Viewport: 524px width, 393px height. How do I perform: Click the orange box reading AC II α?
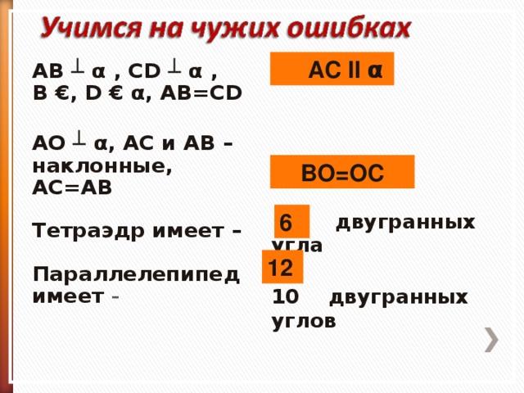(332, 69)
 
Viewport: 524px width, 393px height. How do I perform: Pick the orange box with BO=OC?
(342, 172)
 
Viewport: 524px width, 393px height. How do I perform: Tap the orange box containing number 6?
(291, 221)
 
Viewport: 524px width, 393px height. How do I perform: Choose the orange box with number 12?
(282, 267)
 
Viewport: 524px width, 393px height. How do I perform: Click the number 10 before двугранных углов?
(286, 296)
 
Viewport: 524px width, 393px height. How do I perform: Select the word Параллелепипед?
(136, 275)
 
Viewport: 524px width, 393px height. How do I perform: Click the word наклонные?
(102, 166)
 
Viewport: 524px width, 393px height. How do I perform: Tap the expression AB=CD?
(201, 93)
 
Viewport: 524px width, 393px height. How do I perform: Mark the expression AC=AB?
(72, 187)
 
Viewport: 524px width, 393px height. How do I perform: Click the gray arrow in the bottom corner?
(491, 340)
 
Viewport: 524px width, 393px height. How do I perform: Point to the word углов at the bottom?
(304, 322)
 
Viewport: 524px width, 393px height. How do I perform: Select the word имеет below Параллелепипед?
(68, 297)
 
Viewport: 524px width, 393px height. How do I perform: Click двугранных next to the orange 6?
(405, 223)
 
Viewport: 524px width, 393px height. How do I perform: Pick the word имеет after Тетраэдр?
(188, 231)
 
